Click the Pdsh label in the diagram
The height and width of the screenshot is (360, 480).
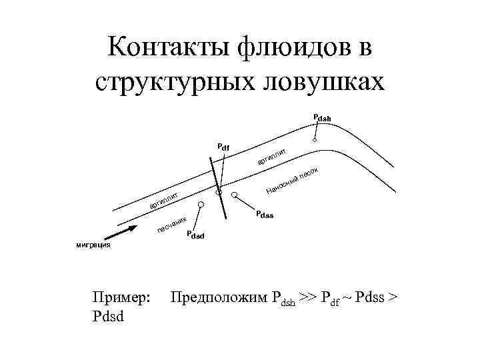(x=321, y=118)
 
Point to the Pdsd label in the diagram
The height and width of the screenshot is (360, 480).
(x=195, y=235)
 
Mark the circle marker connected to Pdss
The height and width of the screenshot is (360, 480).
(x=234, y=195)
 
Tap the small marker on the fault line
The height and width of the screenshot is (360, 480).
(x=218, y=192)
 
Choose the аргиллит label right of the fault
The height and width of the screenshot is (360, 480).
(x=271, y=157)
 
